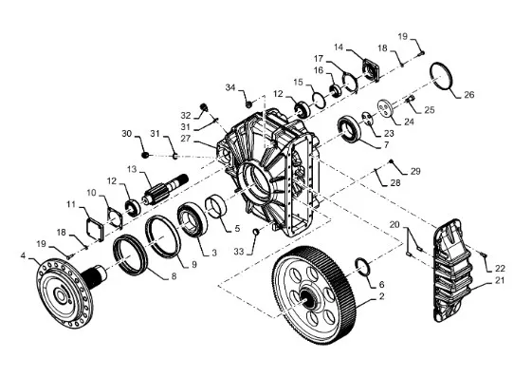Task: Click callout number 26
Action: coord(468,94)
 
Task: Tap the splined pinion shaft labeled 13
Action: coord(166,191)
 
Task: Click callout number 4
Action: coord(23,255)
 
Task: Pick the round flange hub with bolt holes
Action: coord(64,293)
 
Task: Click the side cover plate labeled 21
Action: coord(452,271)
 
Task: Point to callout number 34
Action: coord(230,87)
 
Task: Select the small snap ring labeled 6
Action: coord(362,267)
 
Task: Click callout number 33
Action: coord(239,252)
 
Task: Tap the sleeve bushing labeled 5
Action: coord(216,206)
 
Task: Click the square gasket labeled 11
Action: coord(94,229)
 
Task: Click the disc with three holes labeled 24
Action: coord(386,107)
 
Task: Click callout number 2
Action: coord(381,296)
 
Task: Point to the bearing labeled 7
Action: coord(348,129)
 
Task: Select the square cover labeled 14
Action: coord(371,70)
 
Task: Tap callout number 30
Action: coord(126,134)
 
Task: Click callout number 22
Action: coord(500,269)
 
